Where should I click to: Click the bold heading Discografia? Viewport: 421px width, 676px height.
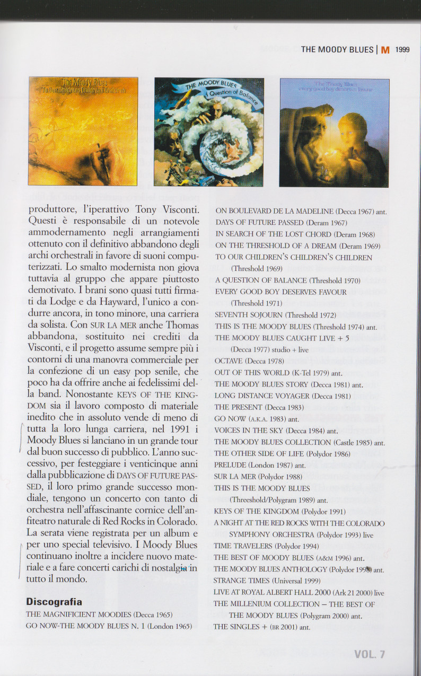point(54,602)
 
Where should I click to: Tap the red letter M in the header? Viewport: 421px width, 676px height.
point(385,50)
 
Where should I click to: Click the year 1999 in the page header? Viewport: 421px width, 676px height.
point(402,50)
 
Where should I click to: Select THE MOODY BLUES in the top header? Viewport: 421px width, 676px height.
point(337,50)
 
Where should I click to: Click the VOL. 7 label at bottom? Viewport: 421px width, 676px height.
point(370,654)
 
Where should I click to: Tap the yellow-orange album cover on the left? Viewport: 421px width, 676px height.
point(83,131)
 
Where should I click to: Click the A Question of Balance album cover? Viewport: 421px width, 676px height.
point(209,131)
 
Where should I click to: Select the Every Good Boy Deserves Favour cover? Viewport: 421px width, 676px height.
point(334,133)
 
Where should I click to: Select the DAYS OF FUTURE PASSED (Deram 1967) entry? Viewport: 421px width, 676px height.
point(281,223)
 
